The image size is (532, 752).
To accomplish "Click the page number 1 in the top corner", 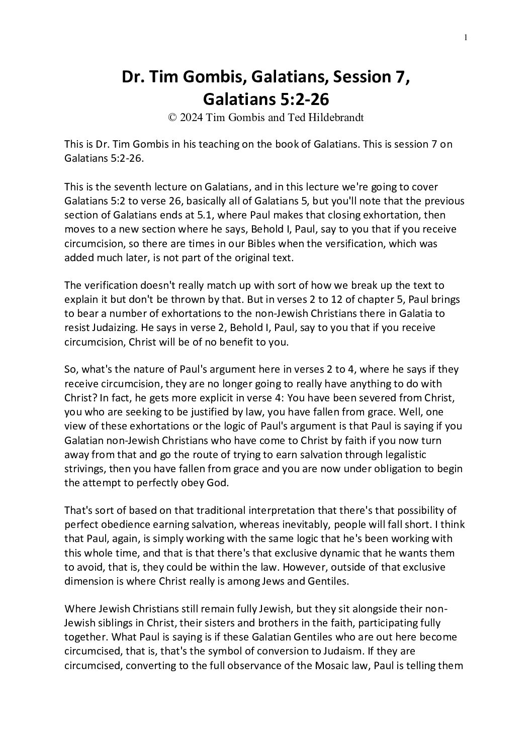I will pos(466,37).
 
